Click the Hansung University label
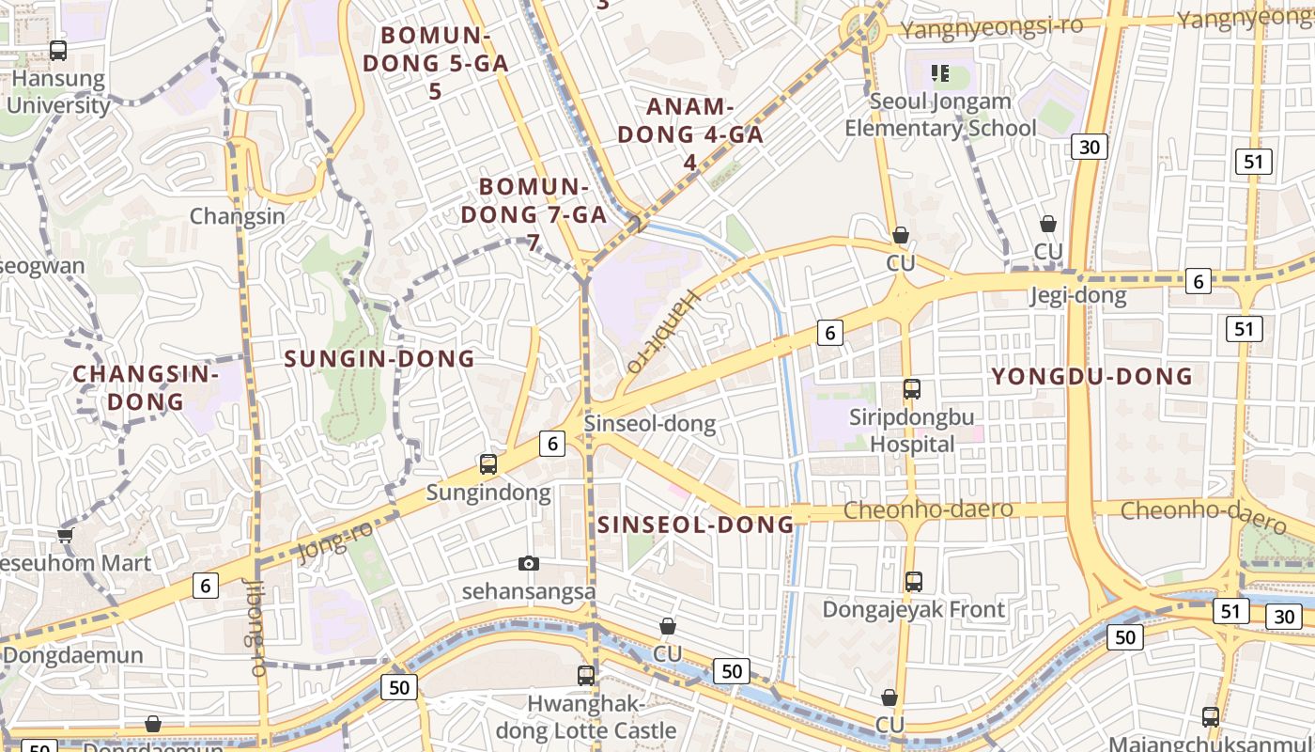[58, 92]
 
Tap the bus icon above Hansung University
[58, 51]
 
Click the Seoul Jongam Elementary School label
[940, 115]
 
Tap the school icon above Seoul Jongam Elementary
[940, 72]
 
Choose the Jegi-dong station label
[1077, 296]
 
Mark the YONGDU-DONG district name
[1092, 377]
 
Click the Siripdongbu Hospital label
[912, 430]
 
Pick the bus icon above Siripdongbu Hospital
[912, 388]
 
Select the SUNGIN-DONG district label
[379, 358]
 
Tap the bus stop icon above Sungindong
[488, 463]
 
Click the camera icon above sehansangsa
[529, 563]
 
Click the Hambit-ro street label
[664, 331]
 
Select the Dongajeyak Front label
[914, 609]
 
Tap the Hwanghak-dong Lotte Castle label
[586, 716]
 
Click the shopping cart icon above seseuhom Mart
[65, 535]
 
